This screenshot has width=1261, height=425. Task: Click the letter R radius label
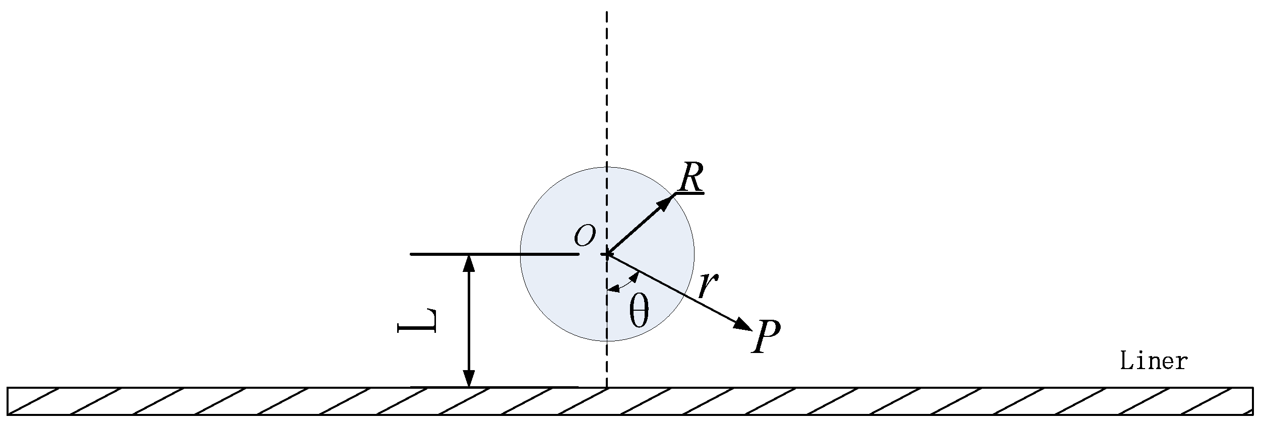coord(690,177)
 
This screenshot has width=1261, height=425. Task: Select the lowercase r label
coord(708,287)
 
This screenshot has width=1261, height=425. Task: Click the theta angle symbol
coord(639,312)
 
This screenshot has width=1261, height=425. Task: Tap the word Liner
coord(1154,362)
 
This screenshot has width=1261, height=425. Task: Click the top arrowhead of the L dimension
coord(469,263)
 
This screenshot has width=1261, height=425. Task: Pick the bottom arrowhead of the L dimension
coord(469,379)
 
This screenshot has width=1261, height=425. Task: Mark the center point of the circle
coord(607,254)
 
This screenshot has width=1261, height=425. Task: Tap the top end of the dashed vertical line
coord(607,12)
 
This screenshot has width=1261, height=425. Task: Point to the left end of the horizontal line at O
coord(412,254)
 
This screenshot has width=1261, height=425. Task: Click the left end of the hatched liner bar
coord(8,401)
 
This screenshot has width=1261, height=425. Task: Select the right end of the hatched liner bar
coord(1252,401)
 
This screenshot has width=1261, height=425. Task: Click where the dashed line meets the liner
coord(607,387)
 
